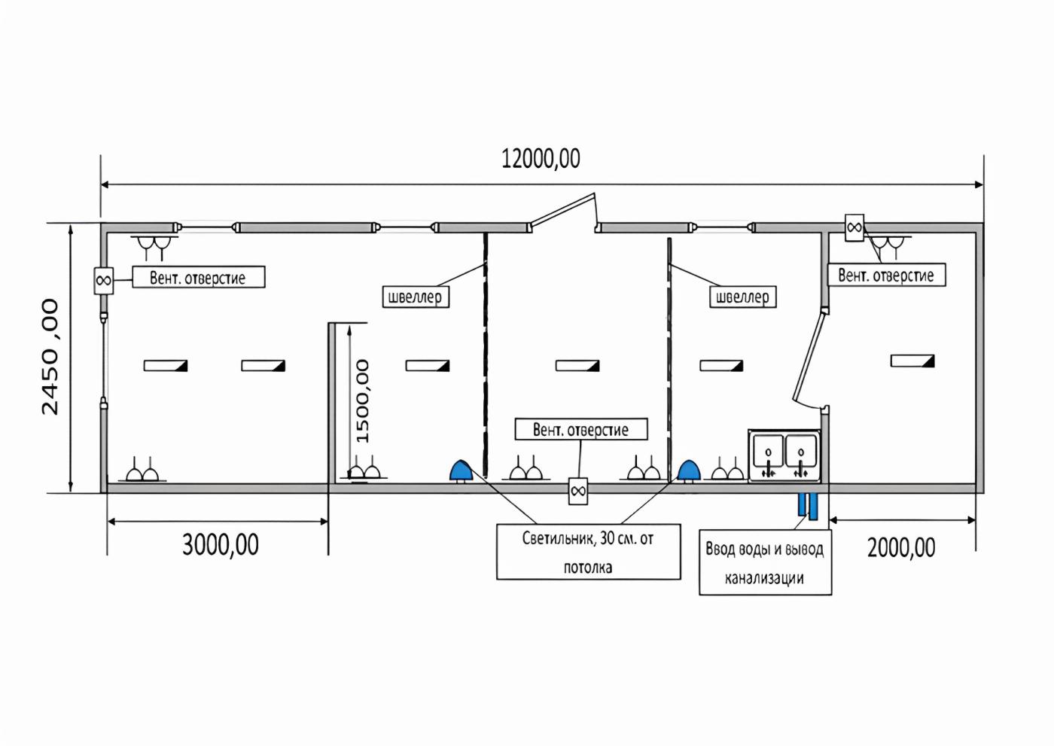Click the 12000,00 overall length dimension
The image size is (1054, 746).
coord(541,159)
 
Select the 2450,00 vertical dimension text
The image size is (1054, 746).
coord(50,356)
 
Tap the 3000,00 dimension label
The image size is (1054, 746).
coord(220,544)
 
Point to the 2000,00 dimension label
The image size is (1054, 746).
coord(901,547)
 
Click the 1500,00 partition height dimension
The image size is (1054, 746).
coord(362,400)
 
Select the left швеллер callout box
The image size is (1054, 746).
coord(415,297)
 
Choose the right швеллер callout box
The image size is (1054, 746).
coord(742,297)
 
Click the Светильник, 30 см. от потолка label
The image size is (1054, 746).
coord(588,552)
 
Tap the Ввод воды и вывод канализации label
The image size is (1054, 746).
coord(765,562)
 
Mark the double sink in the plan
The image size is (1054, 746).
coord(784,455)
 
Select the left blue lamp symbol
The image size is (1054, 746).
coord(460,471)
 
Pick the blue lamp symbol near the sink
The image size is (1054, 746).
coord(688,471)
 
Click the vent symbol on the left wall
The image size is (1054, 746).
coord(103,281)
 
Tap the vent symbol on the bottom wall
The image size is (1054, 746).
coord(578,491)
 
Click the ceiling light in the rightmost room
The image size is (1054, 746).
coord(912,361)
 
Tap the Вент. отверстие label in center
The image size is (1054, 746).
coord(580,430)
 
